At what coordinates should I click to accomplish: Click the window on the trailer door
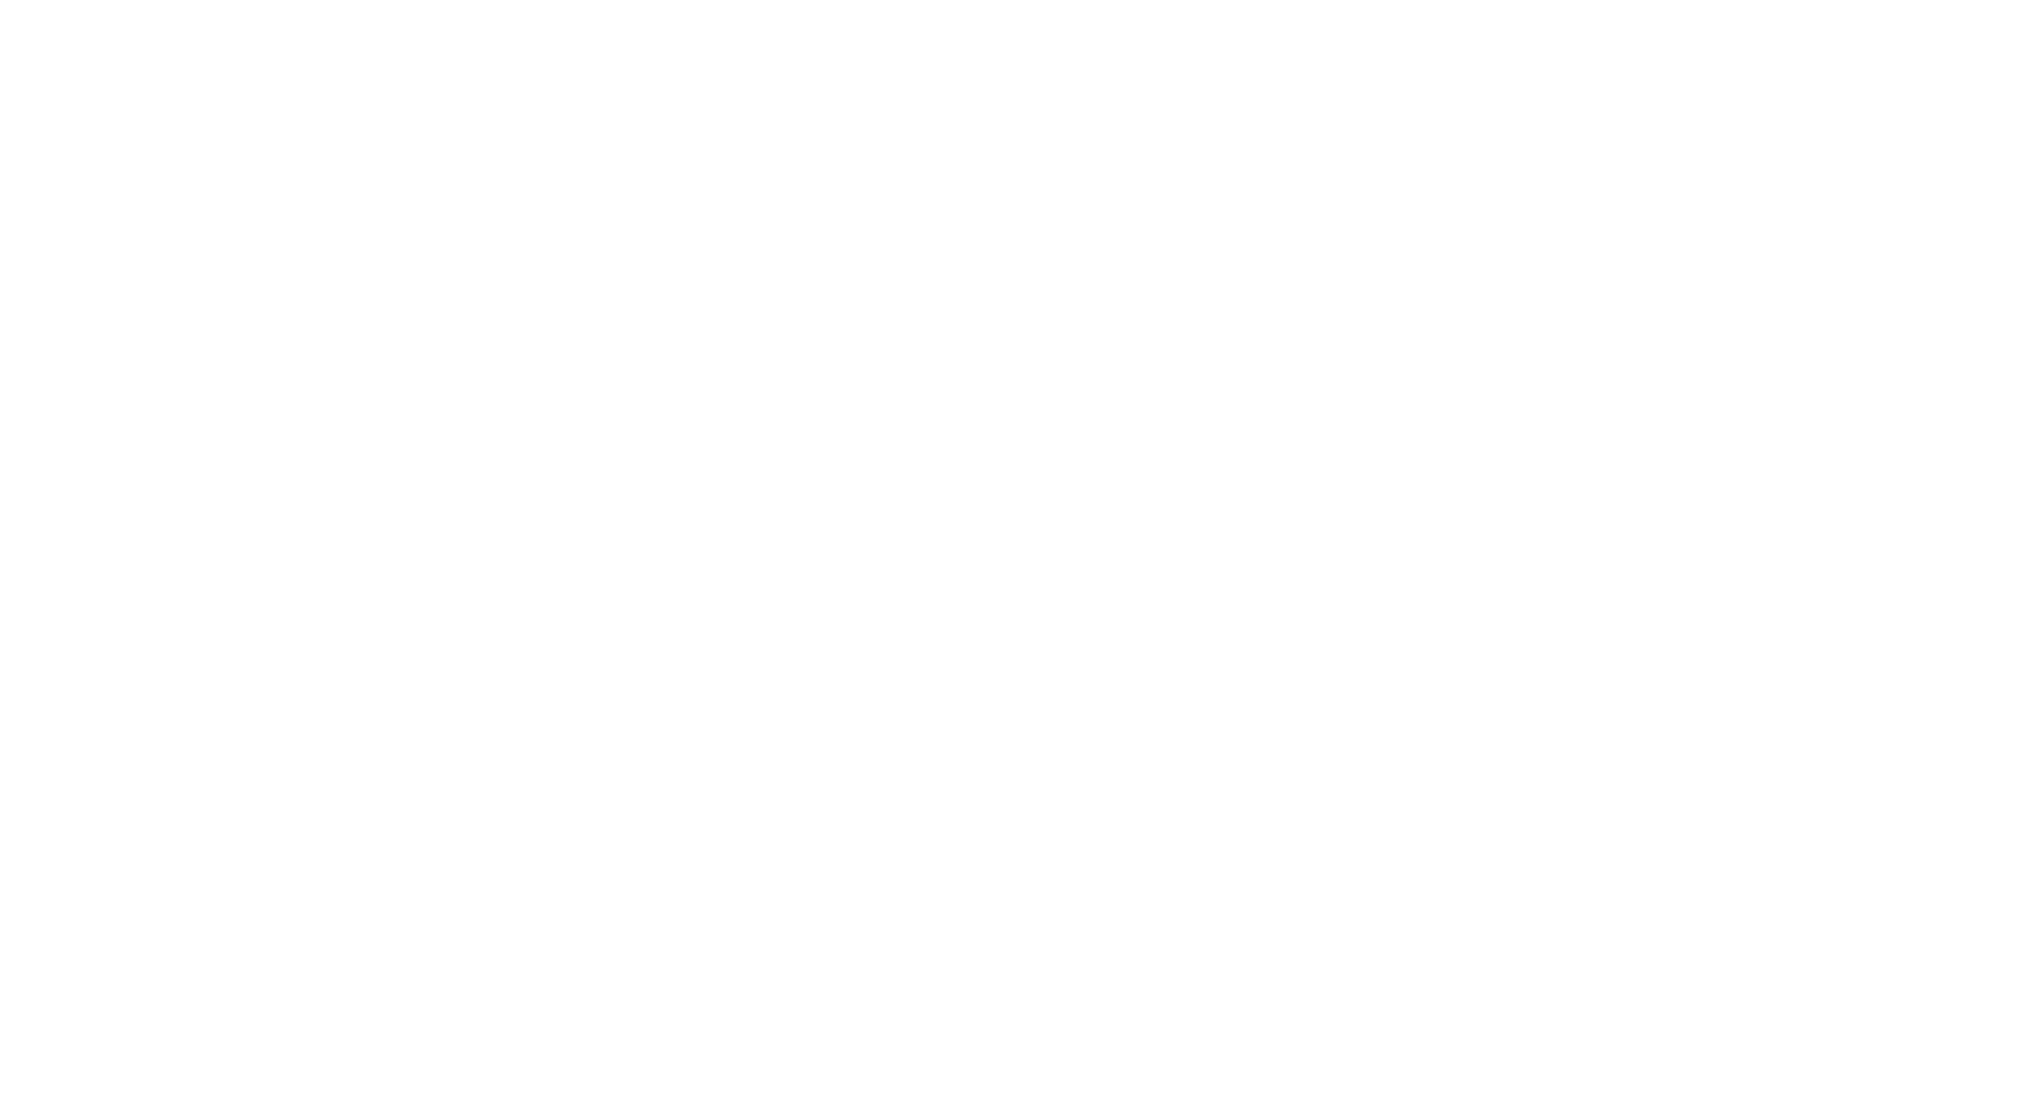[395, 343]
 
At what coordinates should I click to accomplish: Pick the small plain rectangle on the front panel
[1464, 540]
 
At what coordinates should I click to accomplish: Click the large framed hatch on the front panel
[1499, 690]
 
